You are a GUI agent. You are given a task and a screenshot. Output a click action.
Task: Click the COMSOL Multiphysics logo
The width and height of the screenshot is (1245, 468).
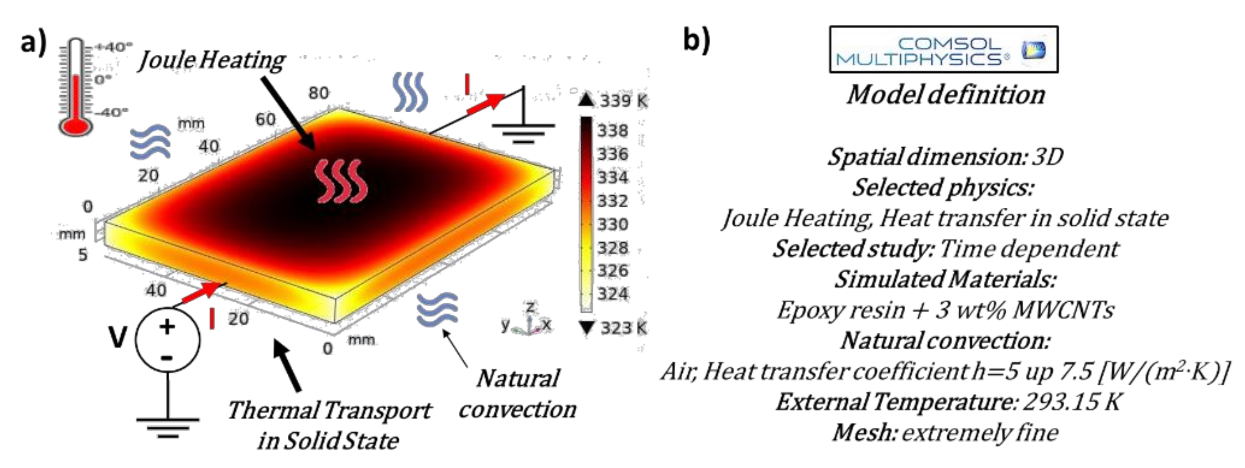[944, 50]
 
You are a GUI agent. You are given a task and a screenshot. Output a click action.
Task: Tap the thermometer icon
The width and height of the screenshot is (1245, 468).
[76, 87]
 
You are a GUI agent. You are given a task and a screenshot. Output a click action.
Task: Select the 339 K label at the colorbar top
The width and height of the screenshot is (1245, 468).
[622, 101]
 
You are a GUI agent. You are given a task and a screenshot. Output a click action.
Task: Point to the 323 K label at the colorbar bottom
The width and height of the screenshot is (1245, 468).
[622, 328]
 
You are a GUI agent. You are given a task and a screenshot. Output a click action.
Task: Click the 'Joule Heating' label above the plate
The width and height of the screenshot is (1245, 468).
[212, 61]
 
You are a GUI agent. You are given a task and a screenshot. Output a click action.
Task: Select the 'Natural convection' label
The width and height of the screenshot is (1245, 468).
[517, 394]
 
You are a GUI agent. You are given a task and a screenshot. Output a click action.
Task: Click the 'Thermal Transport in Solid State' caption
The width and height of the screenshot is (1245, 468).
[329, 425]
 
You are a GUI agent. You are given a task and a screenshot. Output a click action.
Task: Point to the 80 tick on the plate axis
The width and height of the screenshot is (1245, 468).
[319, 93]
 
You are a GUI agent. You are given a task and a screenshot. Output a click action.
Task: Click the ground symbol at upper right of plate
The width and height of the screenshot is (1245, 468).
[523, 130]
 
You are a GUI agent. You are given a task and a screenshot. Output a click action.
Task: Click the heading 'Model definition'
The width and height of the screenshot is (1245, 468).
[945, 94]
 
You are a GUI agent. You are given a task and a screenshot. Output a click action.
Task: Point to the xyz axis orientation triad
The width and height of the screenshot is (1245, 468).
[528, 321]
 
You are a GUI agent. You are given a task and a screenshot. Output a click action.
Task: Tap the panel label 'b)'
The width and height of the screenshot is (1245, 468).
[697, 40]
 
